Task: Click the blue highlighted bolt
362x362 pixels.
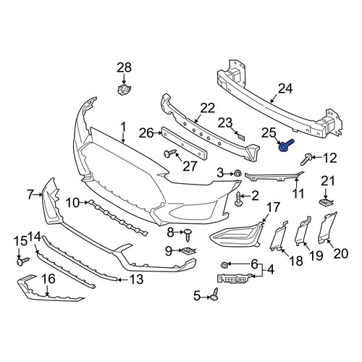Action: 286,146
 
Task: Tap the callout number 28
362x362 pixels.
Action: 124,67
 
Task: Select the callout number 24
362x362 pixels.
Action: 285,88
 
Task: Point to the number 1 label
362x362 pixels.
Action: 123,127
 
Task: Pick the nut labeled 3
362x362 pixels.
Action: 237,173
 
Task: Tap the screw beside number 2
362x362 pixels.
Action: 238,199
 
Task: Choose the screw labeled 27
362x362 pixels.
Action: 170,153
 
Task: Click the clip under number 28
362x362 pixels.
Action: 124,90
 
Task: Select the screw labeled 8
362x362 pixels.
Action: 188,235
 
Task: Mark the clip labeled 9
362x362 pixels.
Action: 189,251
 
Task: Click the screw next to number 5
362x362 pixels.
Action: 214,294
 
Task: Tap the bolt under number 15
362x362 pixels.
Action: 22,261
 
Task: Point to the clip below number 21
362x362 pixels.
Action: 325,202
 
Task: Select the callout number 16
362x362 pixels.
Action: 49,279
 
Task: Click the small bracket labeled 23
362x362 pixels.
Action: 240,136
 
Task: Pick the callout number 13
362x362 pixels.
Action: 137,279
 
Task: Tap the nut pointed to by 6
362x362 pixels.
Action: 224,265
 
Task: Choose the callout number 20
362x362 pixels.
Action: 341,253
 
